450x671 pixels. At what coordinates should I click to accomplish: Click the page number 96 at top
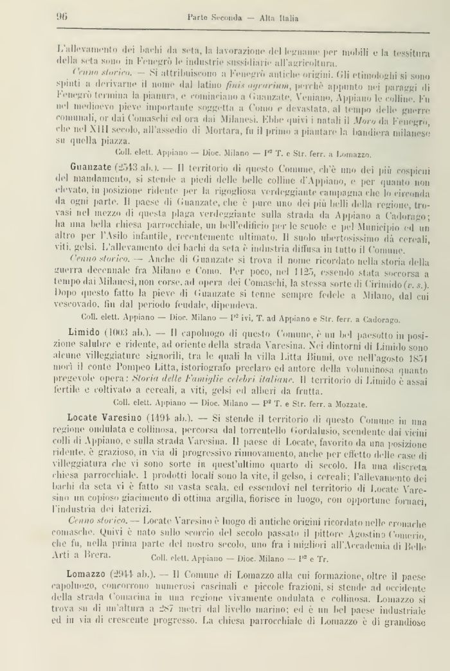pos(62,17)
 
